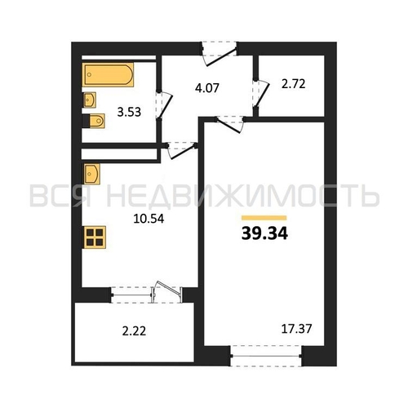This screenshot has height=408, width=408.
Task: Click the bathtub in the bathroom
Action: click(x=108, y=74)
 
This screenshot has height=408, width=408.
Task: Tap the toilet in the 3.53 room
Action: click(x=94, y=121)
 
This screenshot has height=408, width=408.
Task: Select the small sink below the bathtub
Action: click(x=89, y=100)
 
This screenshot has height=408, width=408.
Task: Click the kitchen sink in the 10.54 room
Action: click(x=91, y=174)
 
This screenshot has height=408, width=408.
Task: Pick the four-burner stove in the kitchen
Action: click(x=95, y=237)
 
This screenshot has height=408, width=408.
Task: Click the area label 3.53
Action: click(x=129, y=112)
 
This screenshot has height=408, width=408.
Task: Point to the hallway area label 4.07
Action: click(x=207, y=88)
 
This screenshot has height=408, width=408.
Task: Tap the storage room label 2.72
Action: click(x=294, y=84)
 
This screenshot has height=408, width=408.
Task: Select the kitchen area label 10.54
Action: click(x=149, y=219)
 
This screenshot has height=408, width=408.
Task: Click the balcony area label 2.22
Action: click(x=134, y=331)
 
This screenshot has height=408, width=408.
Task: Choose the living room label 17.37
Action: click(x=296, y=329)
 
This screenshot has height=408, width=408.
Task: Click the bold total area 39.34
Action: click(x=264, y=233)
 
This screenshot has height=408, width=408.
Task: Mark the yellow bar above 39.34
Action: click(x=264, y=218)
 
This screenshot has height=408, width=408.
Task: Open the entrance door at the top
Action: click(x=220, y=55)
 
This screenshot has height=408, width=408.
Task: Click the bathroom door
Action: click(x=164, y=105)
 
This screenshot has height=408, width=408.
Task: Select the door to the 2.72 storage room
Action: click(x=260, y=93)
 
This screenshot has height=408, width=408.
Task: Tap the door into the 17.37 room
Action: click(x=230, y=124)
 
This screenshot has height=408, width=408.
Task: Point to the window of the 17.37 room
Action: click(x=266, y=356)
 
